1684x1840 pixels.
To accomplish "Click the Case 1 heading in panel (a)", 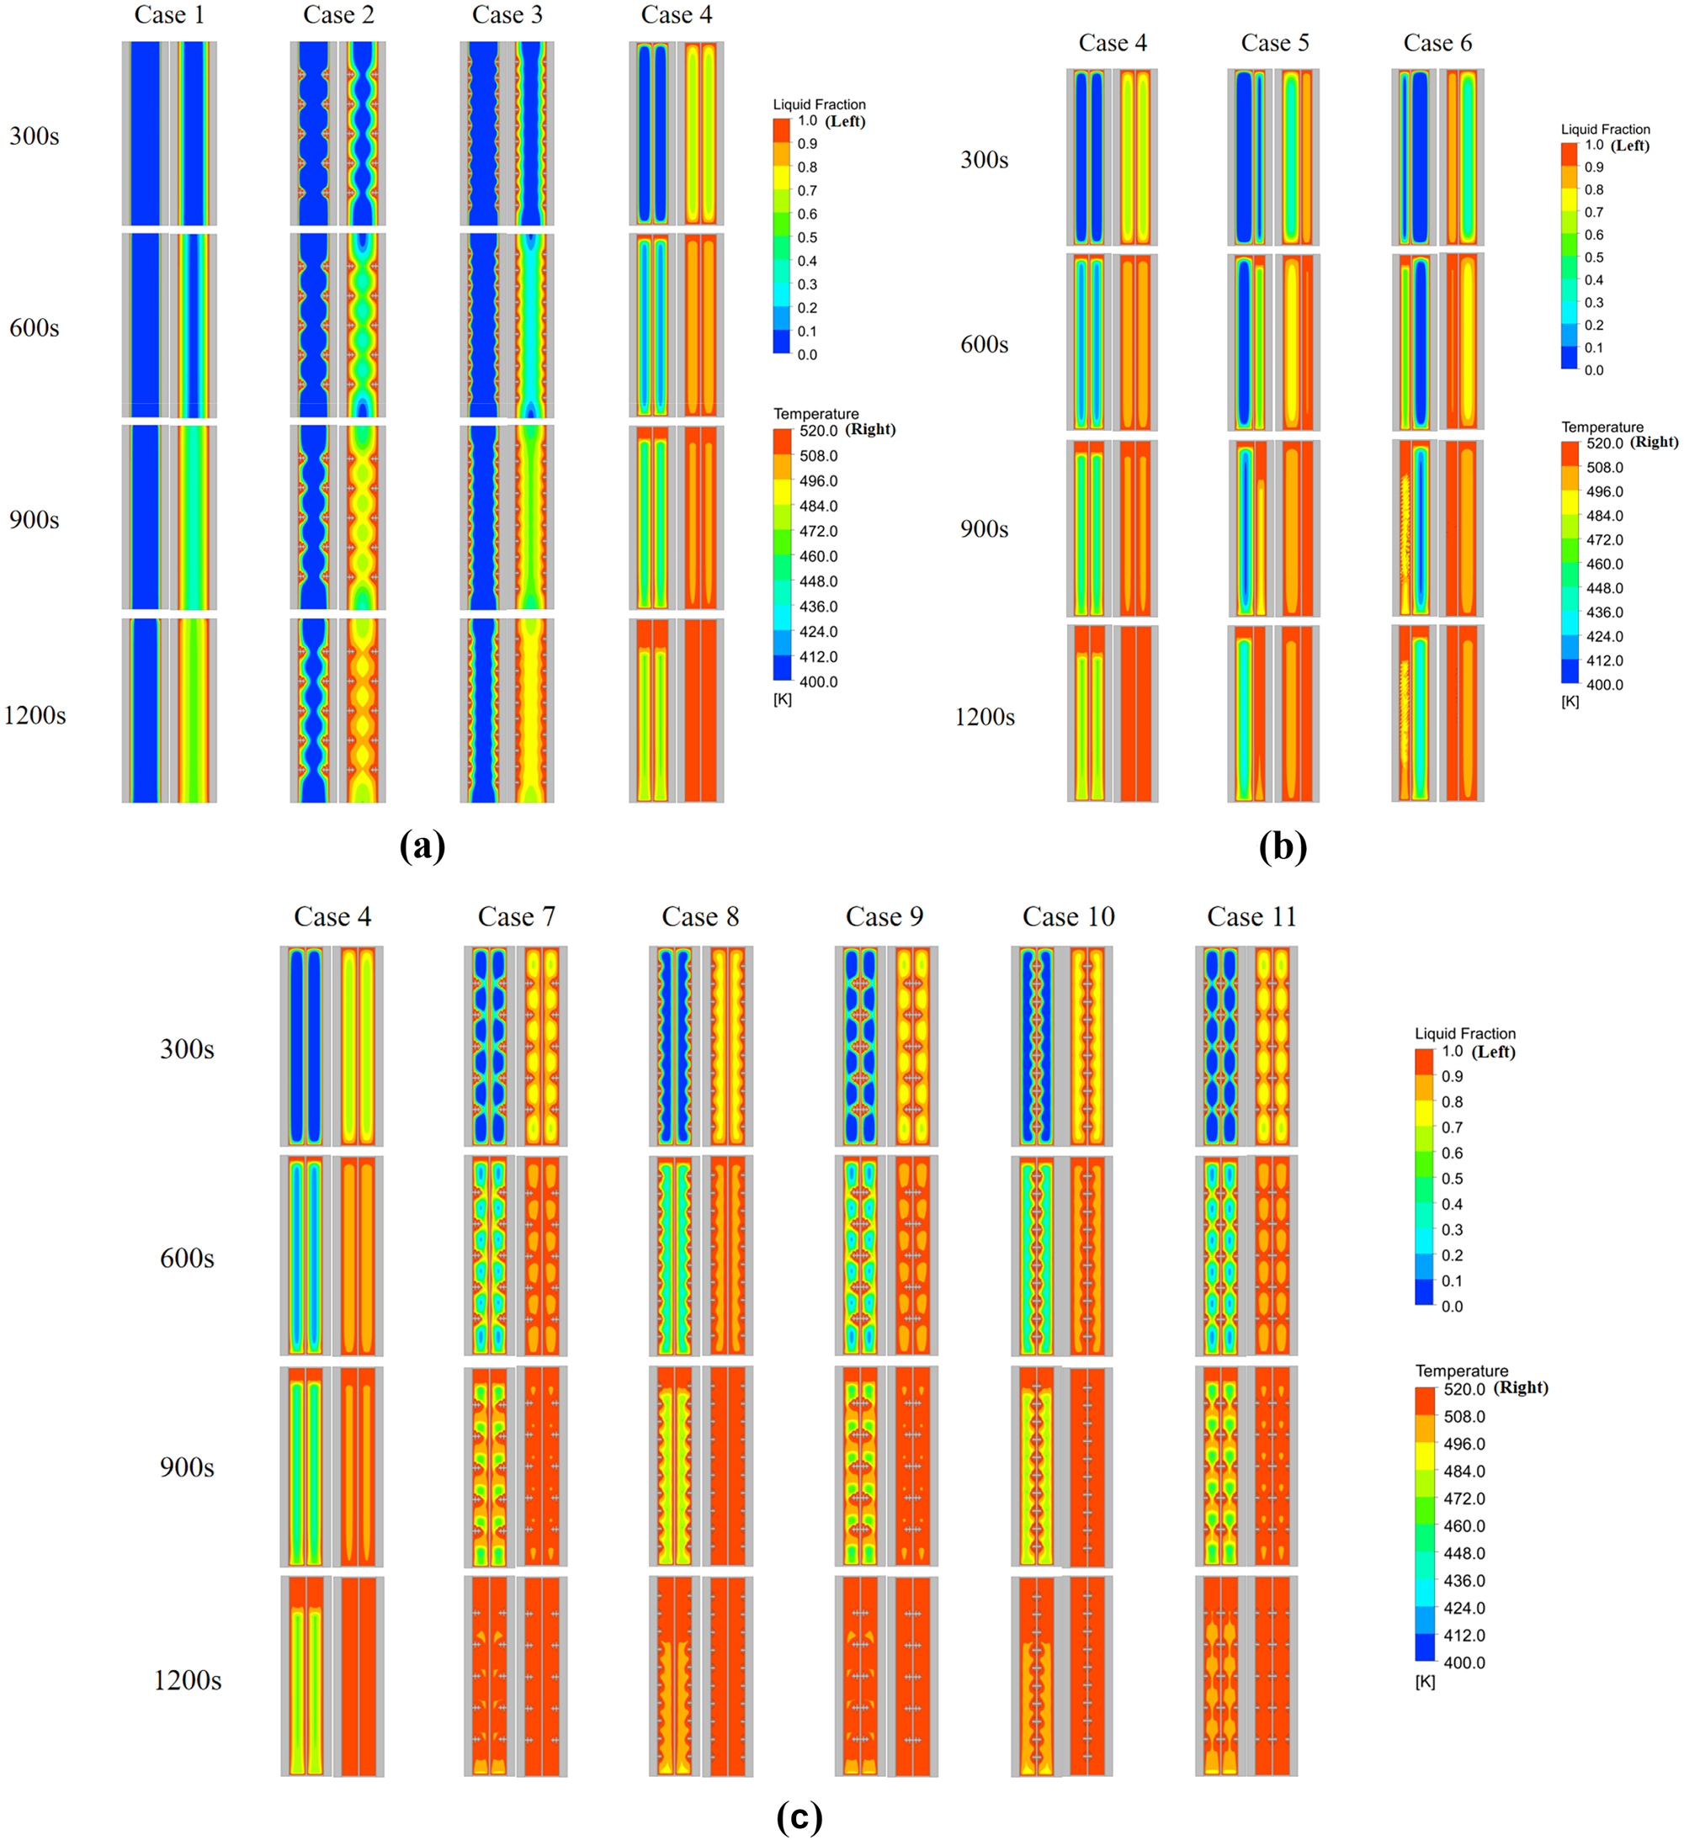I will click(x=169, y=14).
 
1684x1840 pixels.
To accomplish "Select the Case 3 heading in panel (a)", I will click(x=507, y=14).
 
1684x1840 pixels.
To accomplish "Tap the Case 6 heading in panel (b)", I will click(x=1437, y=43).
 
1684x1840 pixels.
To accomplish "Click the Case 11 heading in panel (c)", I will click(x=1251, y=916).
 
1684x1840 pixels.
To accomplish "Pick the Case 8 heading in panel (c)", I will click(x=700, y=916).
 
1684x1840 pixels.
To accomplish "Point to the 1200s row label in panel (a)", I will click(x=35, y=714).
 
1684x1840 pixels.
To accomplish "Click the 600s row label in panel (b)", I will click(x=984, y=344).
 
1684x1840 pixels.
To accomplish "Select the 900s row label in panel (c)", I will click(x=187, y=1466).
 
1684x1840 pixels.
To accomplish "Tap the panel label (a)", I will click(x=422, y=846).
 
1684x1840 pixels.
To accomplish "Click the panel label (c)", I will click(x=799, y=1816).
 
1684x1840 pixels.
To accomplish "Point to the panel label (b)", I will click(x=1283, y=846).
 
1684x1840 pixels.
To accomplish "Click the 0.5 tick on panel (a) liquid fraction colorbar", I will click(x=807, y=237).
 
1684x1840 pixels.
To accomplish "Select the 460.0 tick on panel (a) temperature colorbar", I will click(x=818, y=556).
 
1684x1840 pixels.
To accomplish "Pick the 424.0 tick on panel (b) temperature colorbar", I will click(x=1605, y=636).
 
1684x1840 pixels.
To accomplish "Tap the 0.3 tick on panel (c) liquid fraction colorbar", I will click(x=1451, y=1229).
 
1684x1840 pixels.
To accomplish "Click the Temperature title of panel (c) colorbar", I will click(x=1461, y=1370).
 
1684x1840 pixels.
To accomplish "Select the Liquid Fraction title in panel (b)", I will click(x=1605, y=129).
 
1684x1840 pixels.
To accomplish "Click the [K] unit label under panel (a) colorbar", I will click(x=782, y=699).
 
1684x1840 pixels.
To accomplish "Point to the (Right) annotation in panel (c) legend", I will click(x=1521, y=1387).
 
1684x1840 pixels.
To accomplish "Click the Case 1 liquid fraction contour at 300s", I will click(x=145, y=133).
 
